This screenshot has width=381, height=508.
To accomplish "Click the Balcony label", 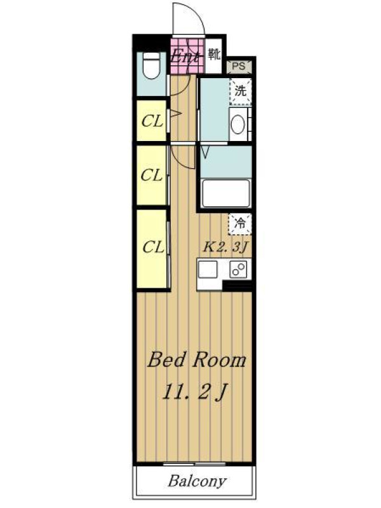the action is (197, 481).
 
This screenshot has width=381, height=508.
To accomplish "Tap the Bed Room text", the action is (197, 359).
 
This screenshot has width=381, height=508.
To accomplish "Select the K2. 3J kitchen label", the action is (225, 247).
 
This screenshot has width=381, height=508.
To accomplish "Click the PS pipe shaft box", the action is (239, 67).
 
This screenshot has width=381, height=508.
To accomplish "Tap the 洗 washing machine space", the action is (241, 91).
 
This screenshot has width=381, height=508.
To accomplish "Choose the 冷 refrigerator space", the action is (240, 224).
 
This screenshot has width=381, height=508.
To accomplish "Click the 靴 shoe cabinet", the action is (214, 55).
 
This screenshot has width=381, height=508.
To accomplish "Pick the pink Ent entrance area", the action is (187, 57).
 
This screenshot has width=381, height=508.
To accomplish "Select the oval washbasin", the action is (237, 124).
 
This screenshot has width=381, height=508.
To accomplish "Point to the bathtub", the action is (226, 193).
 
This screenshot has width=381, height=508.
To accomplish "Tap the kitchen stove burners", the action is (238, 269).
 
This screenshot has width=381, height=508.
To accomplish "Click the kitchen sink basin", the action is (208, 269).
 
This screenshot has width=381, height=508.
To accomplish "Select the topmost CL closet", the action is (152, 121).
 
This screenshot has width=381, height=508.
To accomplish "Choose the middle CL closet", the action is (152, 175).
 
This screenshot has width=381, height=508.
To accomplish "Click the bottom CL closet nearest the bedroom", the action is (152, 248).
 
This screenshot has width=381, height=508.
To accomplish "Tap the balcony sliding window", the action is (194, 464).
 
